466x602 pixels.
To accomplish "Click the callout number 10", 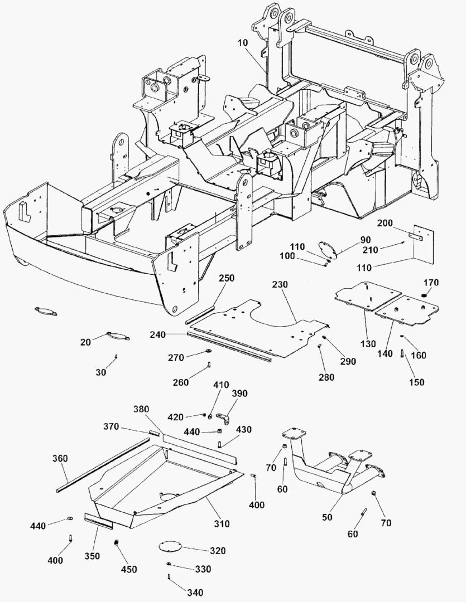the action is tap(243, 42).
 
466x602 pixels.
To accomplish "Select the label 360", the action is tap(60, 458).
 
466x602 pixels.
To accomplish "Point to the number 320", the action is tap(218, 551).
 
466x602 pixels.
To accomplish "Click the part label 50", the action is tap(327, 517).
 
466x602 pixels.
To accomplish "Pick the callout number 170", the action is tap(431, 283).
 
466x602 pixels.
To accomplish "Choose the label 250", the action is tap(227, 278).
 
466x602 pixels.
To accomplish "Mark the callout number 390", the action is tap(239, 394).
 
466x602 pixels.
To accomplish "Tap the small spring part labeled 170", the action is tap(424, 295).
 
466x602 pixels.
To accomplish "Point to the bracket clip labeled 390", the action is tap(223, 418).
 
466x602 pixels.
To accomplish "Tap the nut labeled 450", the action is tap(116, 542).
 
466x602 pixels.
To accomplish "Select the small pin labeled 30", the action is tap(116, 357).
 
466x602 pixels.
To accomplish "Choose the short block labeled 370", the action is tap(155, 432).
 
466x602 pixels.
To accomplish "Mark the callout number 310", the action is tap(222, 523).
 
